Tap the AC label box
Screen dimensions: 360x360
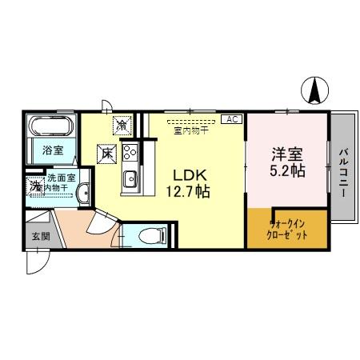pos(232,120)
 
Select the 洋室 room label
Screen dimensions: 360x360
pos(286,153)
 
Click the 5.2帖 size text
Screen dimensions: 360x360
pos(286,170)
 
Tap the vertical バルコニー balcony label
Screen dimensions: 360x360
pos(343,167)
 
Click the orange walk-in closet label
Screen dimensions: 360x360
pos(286,230)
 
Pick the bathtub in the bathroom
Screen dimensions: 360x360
pos(53,126)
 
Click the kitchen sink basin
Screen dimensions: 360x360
pos(130,178)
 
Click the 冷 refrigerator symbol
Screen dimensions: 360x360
pos(122,126)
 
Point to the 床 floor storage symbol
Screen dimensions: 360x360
pos(106,151)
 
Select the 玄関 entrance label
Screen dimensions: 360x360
pos(41,236)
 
